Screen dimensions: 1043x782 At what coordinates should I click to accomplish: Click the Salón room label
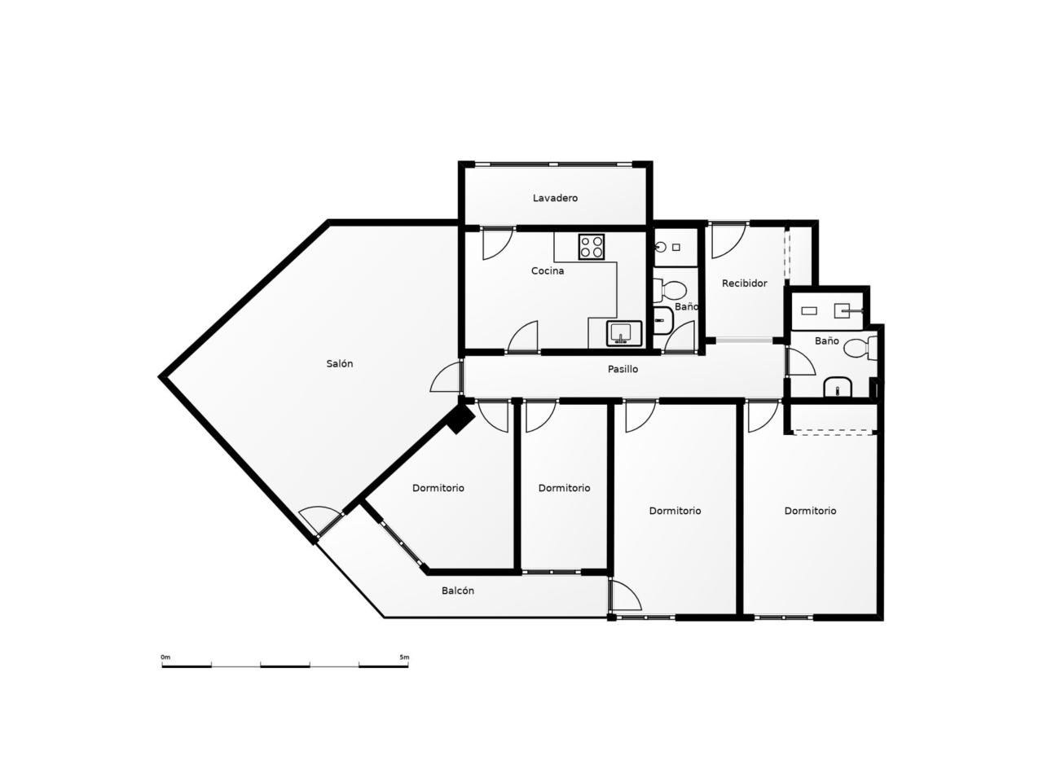tap(339, 363)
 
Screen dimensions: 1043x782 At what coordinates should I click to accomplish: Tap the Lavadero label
tap(555, 198)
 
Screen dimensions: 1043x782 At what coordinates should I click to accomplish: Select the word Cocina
tap(548, 270)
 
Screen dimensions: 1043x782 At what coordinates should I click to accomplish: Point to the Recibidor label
tap(744, 283)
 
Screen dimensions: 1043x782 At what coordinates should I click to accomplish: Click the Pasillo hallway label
tap(623, 369)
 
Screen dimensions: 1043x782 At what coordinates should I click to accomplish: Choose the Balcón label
tap(458, 591)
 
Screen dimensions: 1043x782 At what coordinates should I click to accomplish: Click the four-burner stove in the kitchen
tap(592, 247)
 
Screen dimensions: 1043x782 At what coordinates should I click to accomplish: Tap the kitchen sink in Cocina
tap(624, 333)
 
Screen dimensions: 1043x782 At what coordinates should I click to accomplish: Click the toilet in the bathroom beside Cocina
tap(670, 290)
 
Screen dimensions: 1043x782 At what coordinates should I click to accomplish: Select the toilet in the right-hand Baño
tap(860, 349)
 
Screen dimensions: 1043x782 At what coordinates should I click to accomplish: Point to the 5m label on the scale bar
tap(404, 657)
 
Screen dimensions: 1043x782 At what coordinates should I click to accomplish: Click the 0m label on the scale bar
tap(165, 657)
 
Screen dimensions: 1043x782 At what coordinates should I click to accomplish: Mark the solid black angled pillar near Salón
tap(460, 419)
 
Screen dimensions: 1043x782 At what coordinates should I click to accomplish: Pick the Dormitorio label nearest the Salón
tap(438, 488)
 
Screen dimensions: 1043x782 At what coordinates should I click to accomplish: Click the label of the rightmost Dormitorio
tap(810, 511)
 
